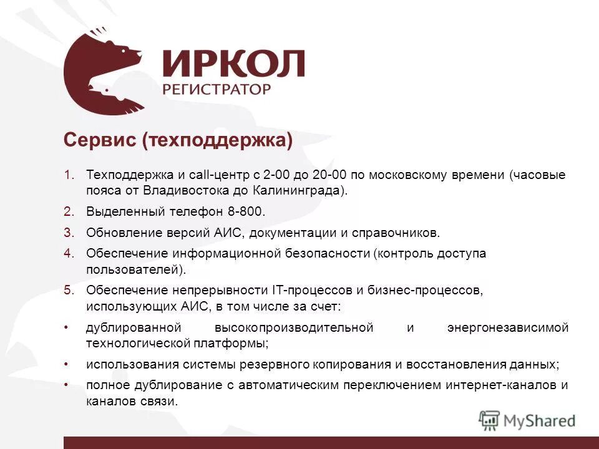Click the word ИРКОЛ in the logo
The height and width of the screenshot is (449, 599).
click(233, 64)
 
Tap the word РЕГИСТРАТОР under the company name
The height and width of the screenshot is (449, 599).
click(217, 89)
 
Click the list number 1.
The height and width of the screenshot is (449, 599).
click(69, 175)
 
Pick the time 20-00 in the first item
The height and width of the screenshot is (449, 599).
click(333, 175)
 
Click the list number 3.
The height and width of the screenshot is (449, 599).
click(69, 233)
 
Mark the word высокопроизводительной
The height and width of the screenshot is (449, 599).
click(294, 328)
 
